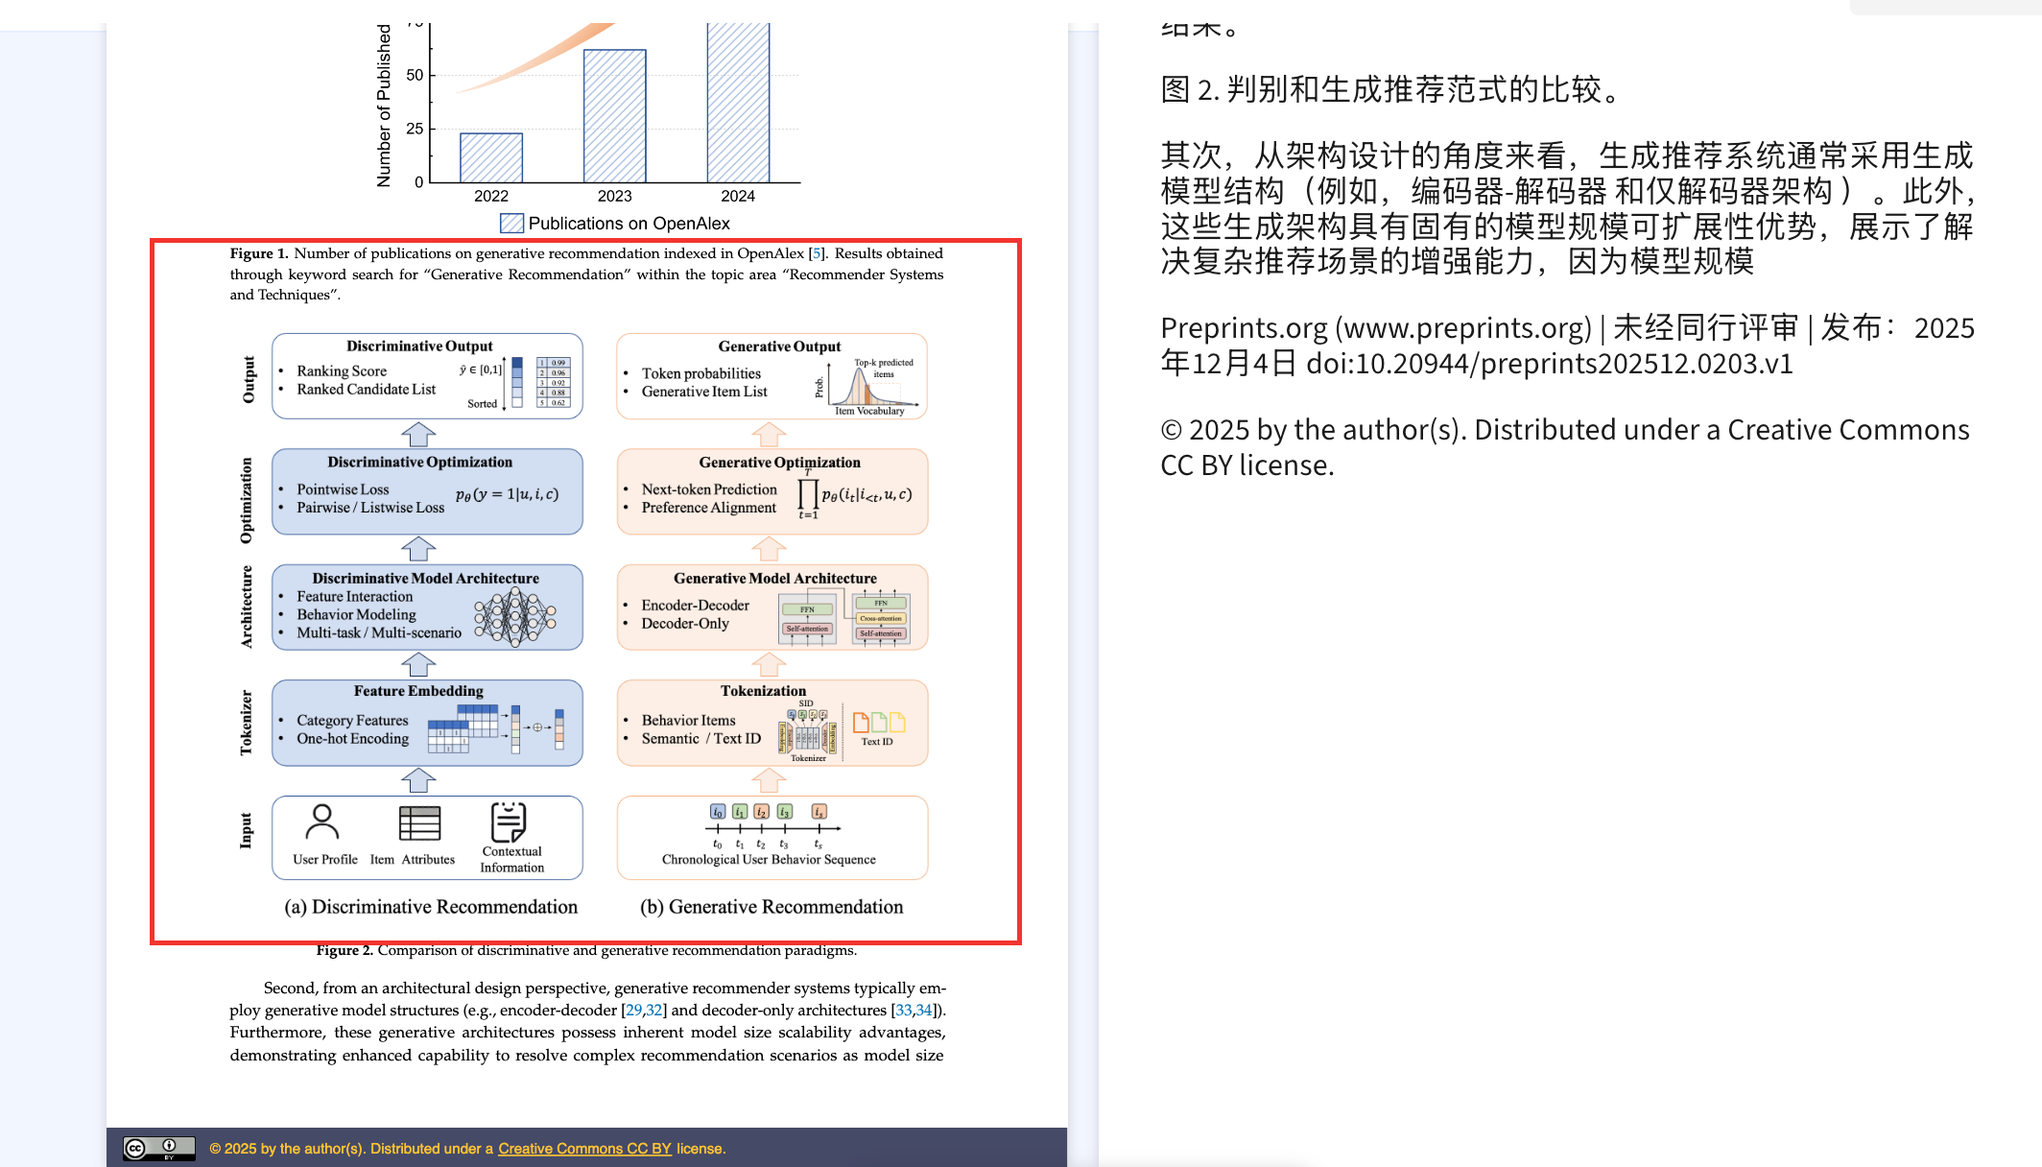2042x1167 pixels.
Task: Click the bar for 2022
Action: click(491, 157)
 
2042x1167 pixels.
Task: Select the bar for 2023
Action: click(614, 116)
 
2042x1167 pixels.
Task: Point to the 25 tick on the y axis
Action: click(415, 129)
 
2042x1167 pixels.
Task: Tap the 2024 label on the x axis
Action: click(737, 196)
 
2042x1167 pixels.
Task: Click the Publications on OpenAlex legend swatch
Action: click(511, 224)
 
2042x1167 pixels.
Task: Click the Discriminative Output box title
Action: click(419, 346)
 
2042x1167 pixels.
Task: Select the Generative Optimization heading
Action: click(779, 463)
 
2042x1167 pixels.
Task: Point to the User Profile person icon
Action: click(322, 822)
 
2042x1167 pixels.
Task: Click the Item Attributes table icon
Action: click(419, 823)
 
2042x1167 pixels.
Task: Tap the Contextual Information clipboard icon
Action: click(509, 822)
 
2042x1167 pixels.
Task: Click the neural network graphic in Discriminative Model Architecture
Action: click(515, 616)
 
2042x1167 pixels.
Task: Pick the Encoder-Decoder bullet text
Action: click(695, 606)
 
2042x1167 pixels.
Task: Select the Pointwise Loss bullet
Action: click(343, 489)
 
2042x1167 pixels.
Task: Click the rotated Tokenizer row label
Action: click(246, 723)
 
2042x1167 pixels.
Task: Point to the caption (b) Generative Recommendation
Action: click(772, 907)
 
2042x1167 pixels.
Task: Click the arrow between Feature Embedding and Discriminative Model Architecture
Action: click(418, 664)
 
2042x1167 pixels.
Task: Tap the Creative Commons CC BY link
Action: click(584, 1149)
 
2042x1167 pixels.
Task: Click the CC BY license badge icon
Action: click(159, 1148)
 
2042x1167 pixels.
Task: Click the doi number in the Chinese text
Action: click(1549, 364)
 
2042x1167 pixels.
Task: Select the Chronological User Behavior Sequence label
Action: click(769, 860)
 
